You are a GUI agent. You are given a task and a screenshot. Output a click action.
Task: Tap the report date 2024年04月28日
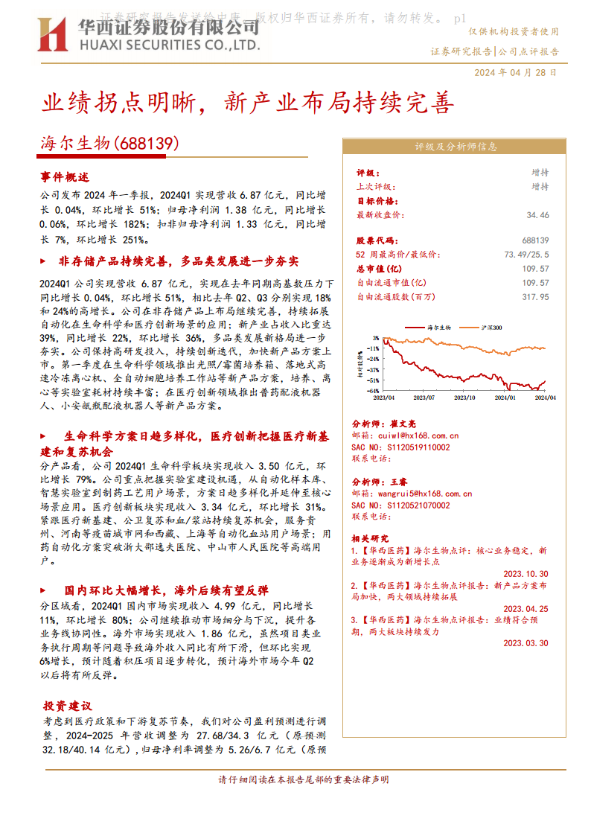coord(514,72)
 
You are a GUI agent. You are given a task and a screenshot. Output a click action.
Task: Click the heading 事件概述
coord(65,177)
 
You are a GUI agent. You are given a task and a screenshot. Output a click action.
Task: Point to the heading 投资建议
coord(67,705)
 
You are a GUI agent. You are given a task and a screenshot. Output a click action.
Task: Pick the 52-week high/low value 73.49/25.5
coord(526,255)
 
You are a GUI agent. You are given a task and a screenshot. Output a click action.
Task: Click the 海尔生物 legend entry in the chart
coord(439,328)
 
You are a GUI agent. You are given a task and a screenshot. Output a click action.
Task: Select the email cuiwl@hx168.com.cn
coord(419,435)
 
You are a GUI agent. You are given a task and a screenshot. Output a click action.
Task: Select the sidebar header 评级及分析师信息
coord(456,147)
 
